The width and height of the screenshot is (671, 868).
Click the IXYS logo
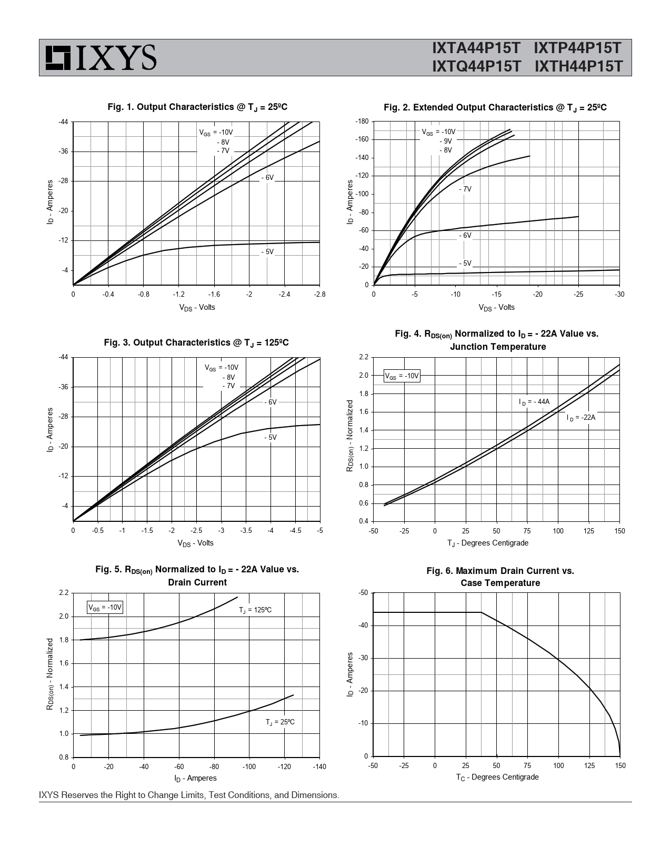[101, 57]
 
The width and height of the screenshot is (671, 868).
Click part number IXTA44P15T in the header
[476, 48]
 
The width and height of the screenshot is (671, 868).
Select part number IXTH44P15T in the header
[578, 67]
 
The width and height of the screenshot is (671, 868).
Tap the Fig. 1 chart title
[197, 107]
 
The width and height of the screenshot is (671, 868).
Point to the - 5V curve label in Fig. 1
[267, 252]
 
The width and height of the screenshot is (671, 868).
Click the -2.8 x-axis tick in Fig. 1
[319, 294]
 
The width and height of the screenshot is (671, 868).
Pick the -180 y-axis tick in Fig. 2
[362, 122]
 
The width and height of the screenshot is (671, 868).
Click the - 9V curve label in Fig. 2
[446, 141]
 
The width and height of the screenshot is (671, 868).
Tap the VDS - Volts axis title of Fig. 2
[496, 307]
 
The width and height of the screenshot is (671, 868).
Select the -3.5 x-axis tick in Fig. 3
[246, 530]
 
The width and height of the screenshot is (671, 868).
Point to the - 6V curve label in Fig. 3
[271, 402]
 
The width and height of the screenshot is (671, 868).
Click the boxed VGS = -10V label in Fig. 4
[402, 376]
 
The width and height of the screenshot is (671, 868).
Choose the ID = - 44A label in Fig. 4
[534, 402]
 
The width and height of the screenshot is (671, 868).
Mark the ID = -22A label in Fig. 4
[581, 418]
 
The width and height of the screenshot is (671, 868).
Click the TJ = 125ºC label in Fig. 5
[255, 610]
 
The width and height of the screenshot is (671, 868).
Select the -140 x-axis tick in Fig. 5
[319, 766]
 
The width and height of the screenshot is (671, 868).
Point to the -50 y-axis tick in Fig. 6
[363, 593]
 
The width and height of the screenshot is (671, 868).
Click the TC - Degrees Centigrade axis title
[497, 777]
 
